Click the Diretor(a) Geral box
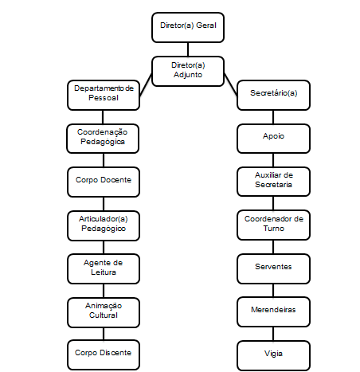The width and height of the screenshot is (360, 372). click(x=188, y=27)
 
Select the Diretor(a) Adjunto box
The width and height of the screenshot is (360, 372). click(x=188, y=71)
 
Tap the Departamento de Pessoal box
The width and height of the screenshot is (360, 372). click(x=104, y=95)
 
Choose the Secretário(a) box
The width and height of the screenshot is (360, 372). click(x=273, y=95)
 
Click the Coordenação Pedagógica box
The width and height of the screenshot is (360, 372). click(x=103, y=139)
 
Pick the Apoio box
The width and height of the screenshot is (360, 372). click(x=273, y=139)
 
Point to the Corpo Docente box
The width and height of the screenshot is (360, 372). click(x=104, y=182)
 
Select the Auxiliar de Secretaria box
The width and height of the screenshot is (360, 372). click(x=273, y=182)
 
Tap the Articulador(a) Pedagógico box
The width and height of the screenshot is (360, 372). click(x=104, y=226)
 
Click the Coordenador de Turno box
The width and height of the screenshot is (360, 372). click(x=273, y=225)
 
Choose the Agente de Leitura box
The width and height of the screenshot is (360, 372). click(x=104, y=269)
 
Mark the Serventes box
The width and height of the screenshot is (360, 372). click(x=273, y=269)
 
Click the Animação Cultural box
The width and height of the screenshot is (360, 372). click(x=104, y=312)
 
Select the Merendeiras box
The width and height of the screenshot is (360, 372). click(x=273, y=312)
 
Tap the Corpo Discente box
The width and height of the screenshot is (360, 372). click(x=104, y=355)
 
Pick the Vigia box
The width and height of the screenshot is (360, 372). click(x=273, y=356)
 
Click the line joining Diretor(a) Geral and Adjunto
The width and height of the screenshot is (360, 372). click(x=188, y=49)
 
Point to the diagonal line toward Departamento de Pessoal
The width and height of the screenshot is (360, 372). click(x=146, y=84)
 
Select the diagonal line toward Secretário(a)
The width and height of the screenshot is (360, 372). click(x=231, y=84)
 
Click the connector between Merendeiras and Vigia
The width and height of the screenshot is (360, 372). click(x=273, y=334)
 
